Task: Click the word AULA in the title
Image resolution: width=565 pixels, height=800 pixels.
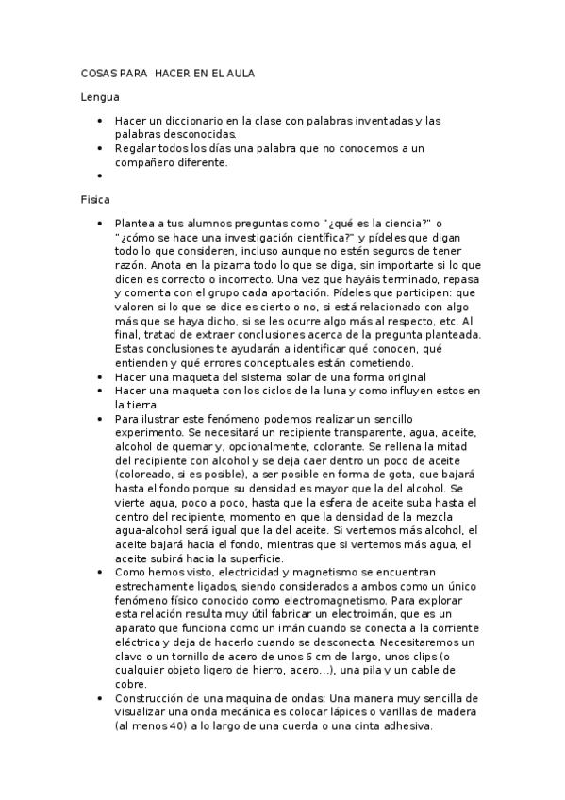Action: click(x=240, y=73)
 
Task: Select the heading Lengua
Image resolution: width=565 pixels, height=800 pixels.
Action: click(x=99, y=97)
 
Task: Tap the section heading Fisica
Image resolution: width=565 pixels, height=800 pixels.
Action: click(x=96, y=199)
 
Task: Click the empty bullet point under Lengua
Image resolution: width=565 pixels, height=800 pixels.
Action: click(x=100, y=175)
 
